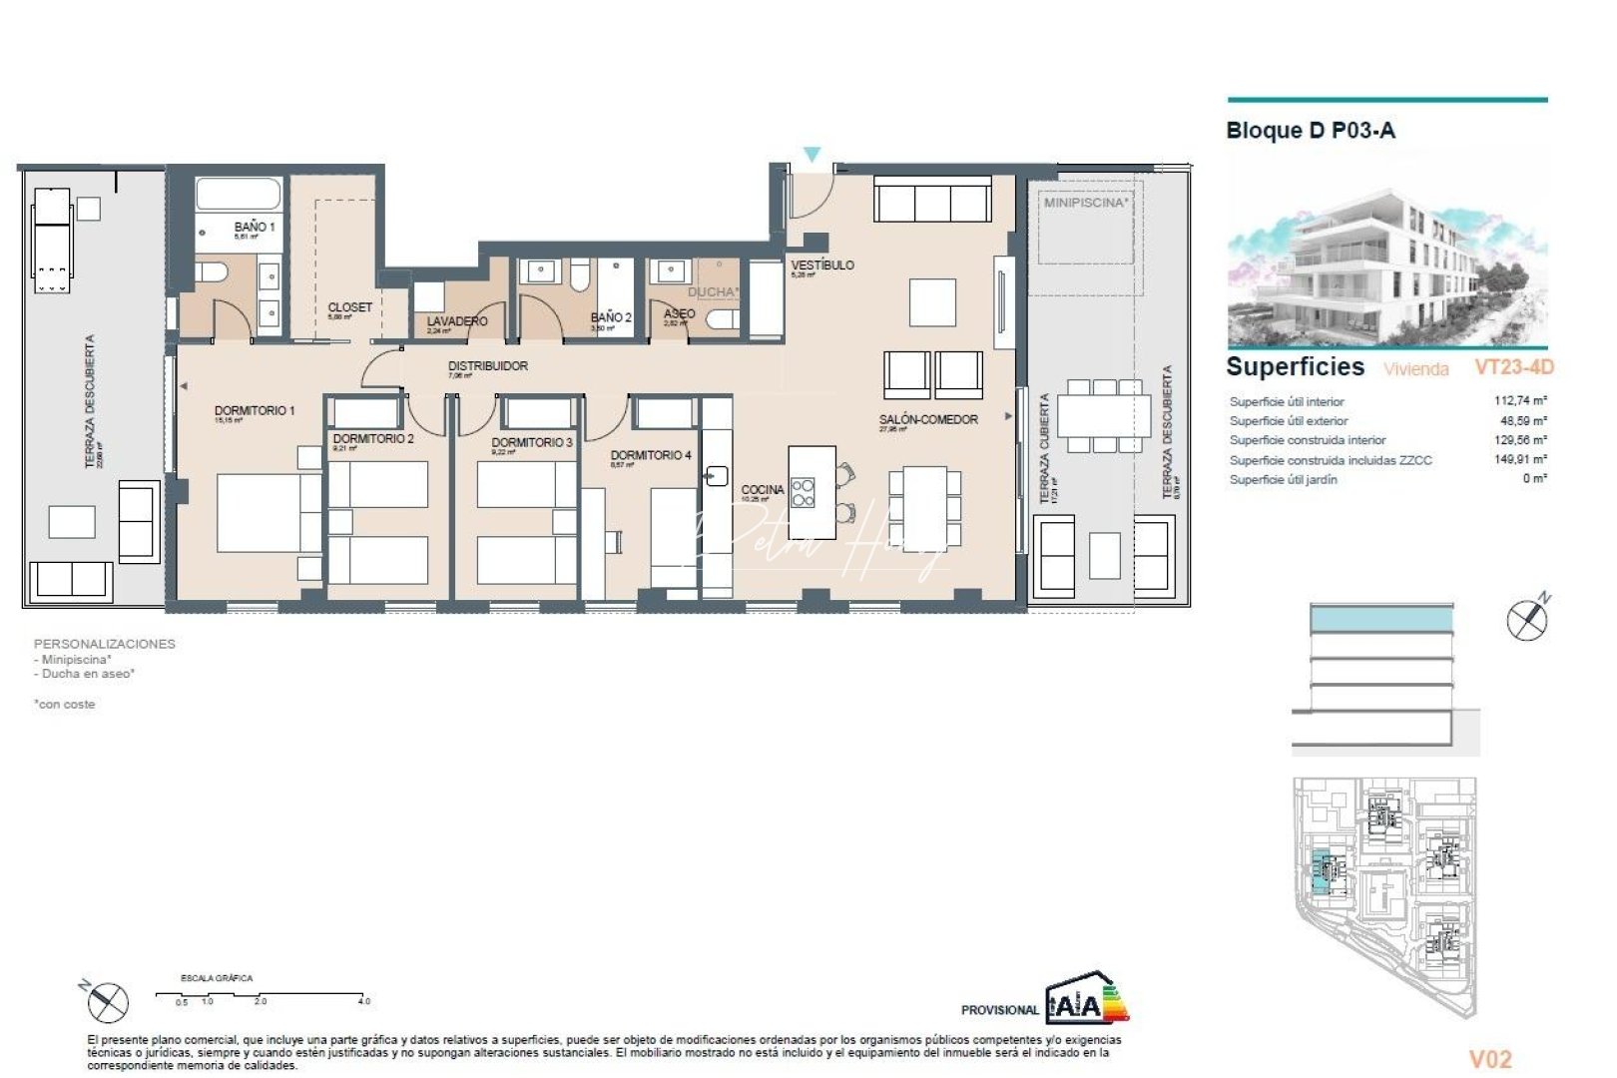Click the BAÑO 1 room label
click(255, 227)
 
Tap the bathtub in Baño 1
click(239, 193)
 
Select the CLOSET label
click(349, 307)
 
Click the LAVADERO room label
click(457, 321)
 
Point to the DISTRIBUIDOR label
click(487, 366)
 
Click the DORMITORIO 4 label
click(651, 455)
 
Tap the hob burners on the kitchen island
click(803, 492)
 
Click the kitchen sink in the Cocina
click(717, 476)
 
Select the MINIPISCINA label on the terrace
click(1086, 203)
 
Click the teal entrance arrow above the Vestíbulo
click(811, 155)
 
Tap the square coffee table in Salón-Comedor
click(932, 301)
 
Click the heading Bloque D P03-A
click(1310, 131)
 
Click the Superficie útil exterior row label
click(1288, 421)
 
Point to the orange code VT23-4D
click(1513, 367)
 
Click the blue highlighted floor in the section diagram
click(1381, 620)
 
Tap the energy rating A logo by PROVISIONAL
click(1085, 1001)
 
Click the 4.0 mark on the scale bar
click(364, 1000)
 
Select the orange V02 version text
click(1490, 1059)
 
